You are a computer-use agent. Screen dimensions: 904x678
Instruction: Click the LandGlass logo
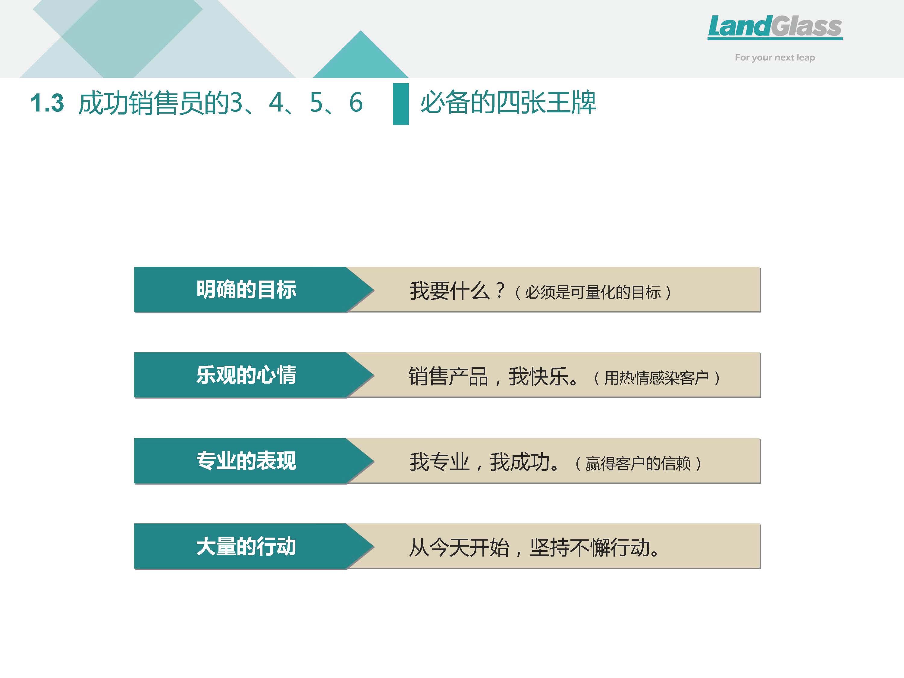[775, 27]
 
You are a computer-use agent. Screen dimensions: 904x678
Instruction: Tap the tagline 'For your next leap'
[775, 58]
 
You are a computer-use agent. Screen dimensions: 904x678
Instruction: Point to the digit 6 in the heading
[356, 102]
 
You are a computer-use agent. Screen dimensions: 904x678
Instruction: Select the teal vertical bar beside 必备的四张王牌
[400, 104]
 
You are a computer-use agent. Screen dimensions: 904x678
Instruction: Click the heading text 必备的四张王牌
[508, 102]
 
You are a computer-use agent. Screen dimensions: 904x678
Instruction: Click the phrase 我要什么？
[458, 291]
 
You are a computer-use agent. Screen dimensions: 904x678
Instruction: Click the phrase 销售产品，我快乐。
[493, 376]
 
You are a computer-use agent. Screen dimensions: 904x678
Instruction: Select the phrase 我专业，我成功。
[484, 462]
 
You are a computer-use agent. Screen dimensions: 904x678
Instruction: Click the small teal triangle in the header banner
[360, 54]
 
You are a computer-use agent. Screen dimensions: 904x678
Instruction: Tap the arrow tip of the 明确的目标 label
[374, 290]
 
